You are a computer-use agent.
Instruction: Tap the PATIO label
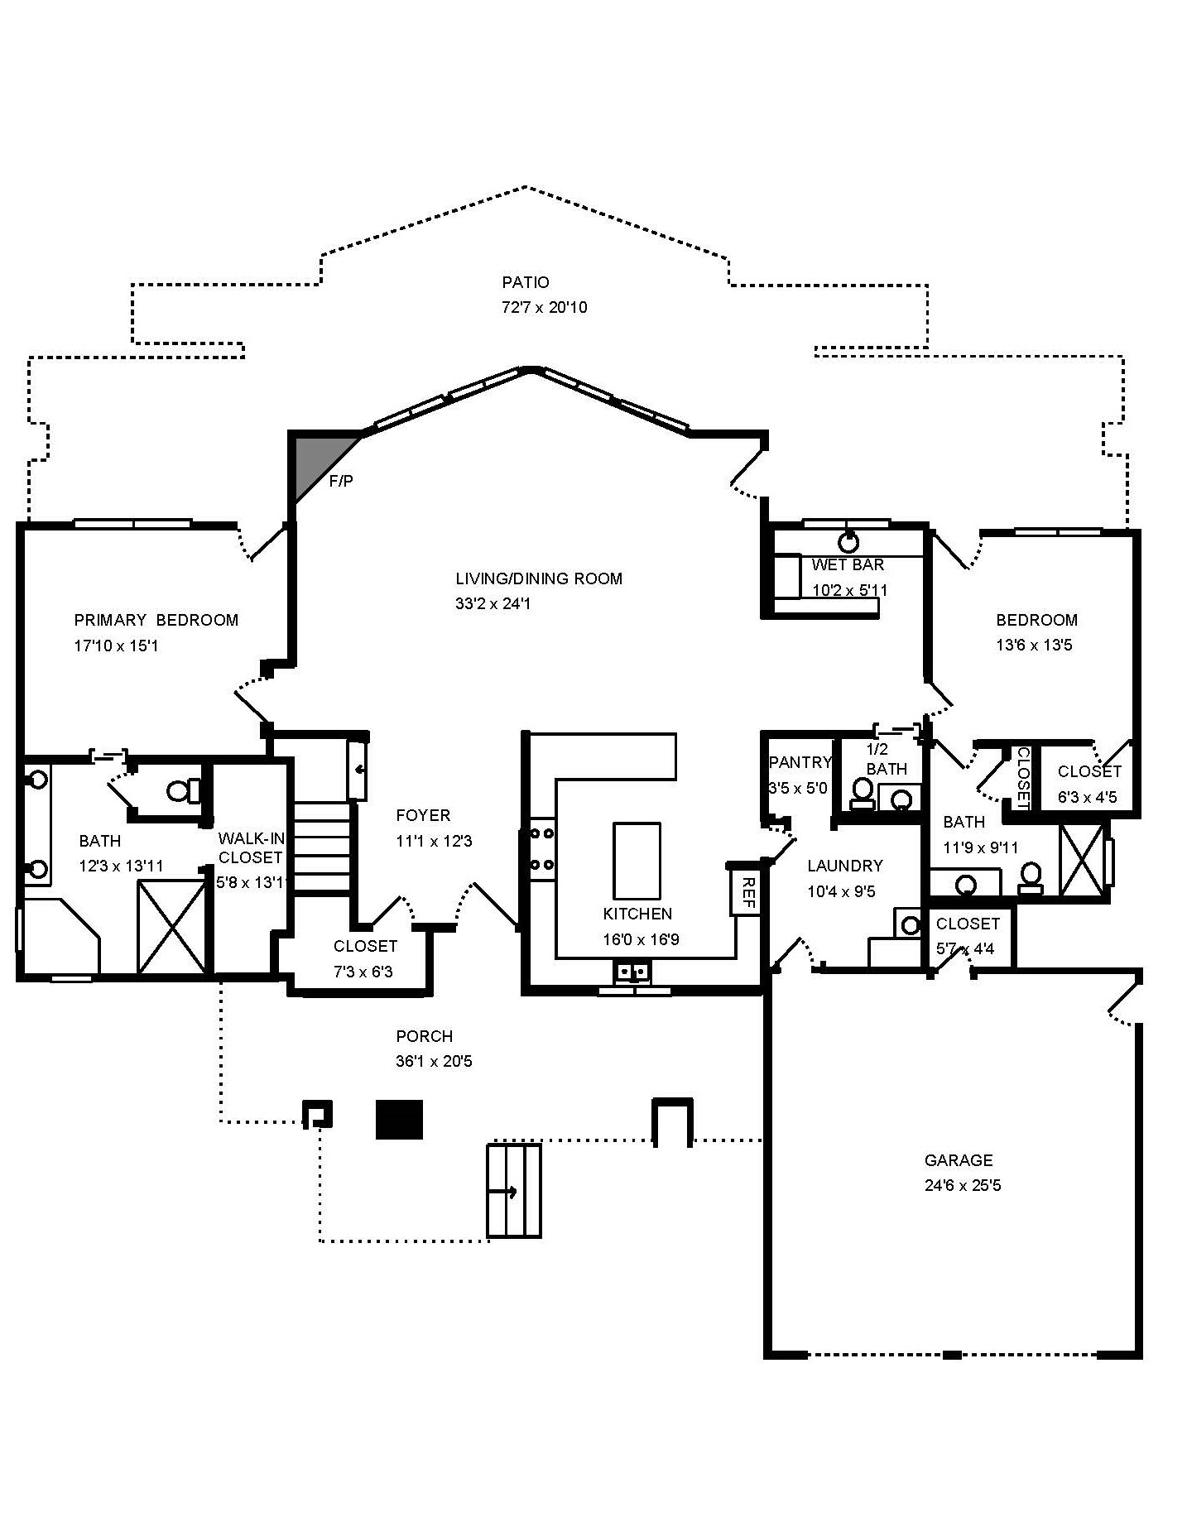(526, 282)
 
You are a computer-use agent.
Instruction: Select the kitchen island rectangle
(637, 861)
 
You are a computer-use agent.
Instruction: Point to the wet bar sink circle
(848, 543)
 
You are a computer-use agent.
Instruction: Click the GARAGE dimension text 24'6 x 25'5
(963, 1185)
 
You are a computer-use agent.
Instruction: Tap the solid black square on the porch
(400, 1119)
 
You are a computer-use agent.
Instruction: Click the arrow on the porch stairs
(503, 1193)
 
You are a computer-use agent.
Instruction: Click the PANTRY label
(800, 762)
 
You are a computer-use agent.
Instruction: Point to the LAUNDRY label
(844, 866)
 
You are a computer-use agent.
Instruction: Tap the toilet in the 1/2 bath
(863, 792)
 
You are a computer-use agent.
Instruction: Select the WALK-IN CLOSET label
(251, 848)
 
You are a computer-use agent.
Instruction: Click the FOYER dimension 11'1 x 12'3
(434, 841)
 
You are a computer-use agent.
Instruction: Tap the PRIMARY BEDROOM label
(156, 620)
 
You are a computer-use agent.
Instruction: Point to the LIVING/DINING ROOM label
(539, 578)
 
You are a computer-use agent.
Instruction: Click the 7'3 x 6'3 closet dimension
(363, 972)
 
